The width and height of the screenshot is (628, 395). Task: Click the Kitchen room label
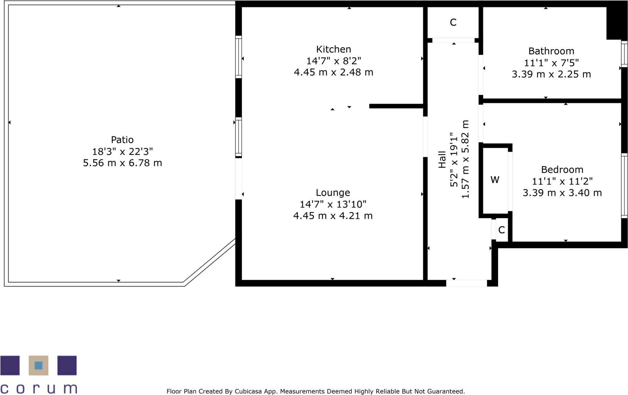(333, 49)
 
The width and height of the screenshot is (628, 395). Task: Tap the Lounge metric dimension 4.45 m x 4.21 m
(333, 216)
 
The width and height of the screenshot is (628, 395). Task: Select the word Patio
(122, 140)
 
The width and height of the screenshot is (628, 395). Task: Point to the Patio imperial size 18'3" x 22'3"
(122, 151)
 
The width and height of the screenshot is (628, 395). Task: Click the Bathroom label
(551, 51)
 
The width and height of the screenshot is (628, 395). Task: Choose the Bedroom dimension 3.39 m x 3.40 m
(562, 193)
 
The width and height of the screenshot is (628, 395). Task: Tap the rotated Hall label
(442, 159)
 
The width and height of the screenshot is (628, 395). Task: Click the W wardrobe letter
(495, 180)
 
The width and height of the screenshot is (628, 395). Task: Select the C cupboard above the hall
(453, 22)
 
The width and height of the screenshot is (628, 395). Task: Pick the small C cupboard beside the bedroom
(501, 230)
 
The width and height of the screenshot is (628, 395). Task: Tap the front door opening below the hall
(466, 283)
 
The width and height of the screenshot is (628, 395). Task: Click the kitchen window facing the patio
(238, 57)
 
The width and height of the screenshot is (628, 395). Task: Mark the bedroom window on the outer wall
(624, 186)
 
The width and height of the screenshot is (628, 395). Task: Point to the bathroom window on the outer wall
(624, 54)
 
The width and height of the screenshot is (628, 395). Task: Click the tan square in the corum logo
(39, 365)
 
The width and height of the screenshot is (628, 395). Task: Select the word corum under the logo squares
(39, 388)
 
